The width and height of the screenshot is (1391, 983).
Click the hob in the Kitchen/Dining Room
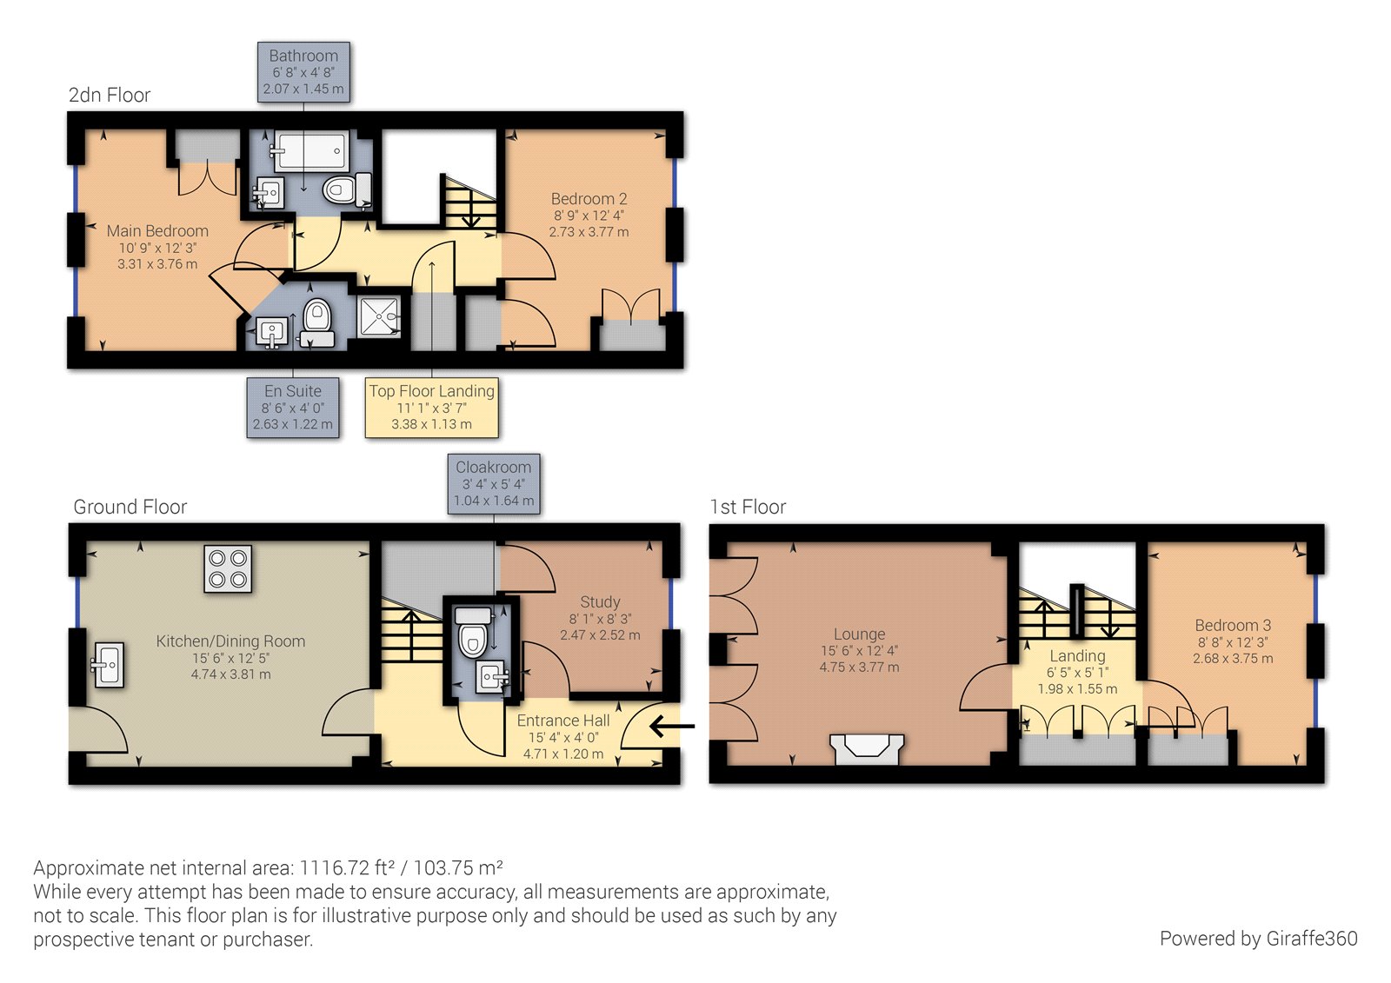pyautogui.click(x=228, y=568)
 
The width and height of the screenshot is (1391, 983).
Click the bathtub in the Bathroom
pyautogui.click(x=309, y=150)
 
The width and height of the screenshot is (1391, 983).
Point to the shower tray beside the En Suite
pyautogui.click(x=379, y=316)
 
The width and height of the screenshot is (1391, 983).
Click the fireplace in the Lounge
pyautogui.click(x=867, y=749)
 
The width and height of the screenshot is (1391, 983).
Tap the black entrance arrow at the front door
pyautogui.click(x=672, y=725)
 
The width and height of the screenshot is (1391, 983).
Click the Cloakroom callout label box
pyautogui.click(x=494, y=484)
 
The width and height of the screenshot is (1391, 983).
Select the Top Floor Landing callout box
pyautogui.click(x=431, y=408)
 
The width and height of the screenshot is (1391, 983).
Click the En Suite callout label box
pyautogui.click(x=293, y=408)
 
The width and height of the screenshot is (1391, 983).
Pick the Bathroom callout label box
pyautogui.click(x=303, y=72)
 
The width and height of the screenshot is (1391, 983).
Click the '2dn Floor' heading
pyautogui.click(x=110, y=95)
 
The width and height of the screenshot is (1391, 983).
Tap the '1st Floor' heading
pyautogui.click(x=748, y=507)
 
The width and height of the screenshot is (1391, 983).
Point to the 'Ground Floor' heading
pyautogui.click(x=130, y=507)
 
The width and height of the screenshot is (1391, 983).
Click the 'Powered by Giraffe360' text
pyautogui.click(x=1259, y=939)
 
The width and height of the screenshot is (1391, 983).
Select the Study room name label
pyautogui.click(x=600, y=601)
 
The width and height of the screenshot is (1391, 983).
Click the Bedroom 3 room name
pyautogui.click(x=1233, y=625)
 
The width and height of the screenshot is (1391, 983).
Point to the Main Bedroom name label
pyautogui.click(x=157, y=230)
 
